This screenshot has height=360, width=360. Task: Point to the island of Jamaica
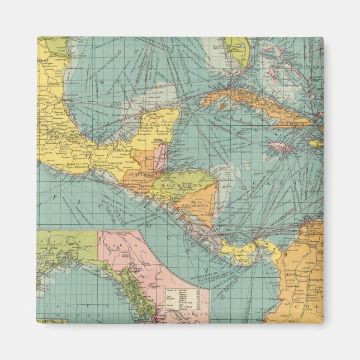click(x=281, y=148)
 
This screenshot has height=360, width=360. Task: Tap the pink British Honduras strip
click(x=160, y=156)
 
